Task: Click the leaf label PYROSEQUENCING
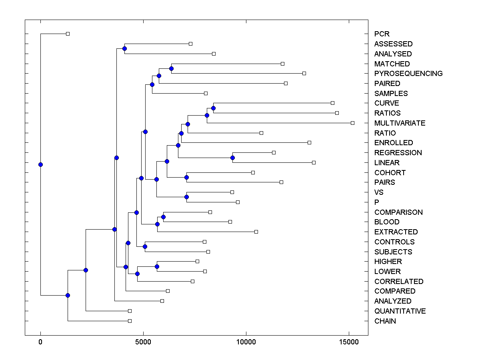[x=408, y=74]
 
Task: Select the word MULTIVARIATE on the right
[x=400, y=123]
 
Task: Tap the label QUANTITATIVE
[x=400, y=311]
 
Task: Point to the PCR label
[x=382, y=34]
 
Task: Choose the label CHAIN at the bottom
[x=385, y=321]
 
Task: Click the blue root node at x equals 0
[x=40, y=164]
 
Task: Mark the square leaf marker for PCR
[x=68, y=34]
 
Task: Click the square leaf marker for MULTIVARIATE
[x=352, y=123]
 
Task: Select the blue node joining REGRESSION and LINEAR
[x=232, y=158]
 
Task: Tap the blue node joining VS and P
[x=186, y=197]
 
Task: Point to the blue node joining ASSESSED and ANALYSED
[x=124, y=48]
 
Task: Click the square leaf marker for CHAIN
[x=130, y=321]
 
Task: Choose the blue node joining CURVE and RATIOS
[x=213, y=108]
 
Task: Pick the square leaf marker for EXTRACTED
[x=256, y=232]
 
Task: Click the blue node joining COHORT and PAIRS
[x=186, y=177]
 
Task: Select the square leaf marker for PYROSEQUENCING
[x=304, y=73]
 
